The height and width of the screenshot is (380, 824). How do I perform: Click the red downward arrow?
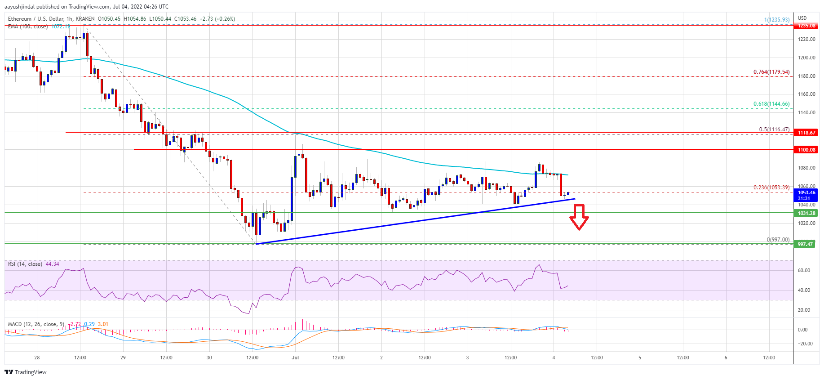pos(579,217)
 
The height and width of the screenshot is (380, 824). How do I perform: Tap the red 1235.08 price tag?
pos(806,26)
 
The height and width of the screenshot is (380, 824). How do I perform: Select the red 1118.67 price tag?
pos(806,133)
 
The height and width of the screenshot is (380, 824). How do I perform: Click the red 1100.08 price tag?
pos(806,150)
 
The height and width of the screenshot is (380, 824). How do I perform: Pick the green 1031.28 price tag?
pos(806,213)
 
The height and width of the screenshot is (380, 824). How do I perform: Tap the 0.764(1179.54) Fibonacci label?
pos(771,72)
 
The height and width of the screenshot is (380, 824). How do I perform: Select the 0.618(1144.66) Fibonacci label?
pos(771,104)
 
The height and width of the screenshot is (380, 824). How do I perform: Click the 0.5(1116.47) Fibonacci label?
pos(774,130)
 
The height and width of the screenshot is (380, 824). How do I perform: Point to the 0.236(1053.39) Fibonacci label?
pos(771,188)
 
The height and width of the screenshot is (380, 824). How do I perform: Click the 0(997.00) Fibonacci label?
pos(778,240)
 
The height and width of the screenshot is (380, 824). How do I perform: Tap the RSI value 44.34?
pos(52,264)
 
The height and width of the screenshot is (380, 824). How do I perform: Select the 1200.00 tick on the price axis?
pos(806,58)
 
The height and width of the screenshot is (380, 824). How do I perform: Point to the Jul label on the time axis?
pos(295,358)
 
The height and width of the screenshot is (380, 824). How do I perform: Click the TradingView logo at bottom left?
pos(26,372)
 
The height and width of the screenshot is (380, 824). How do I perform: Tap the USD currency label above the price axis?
pos(802,18)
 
